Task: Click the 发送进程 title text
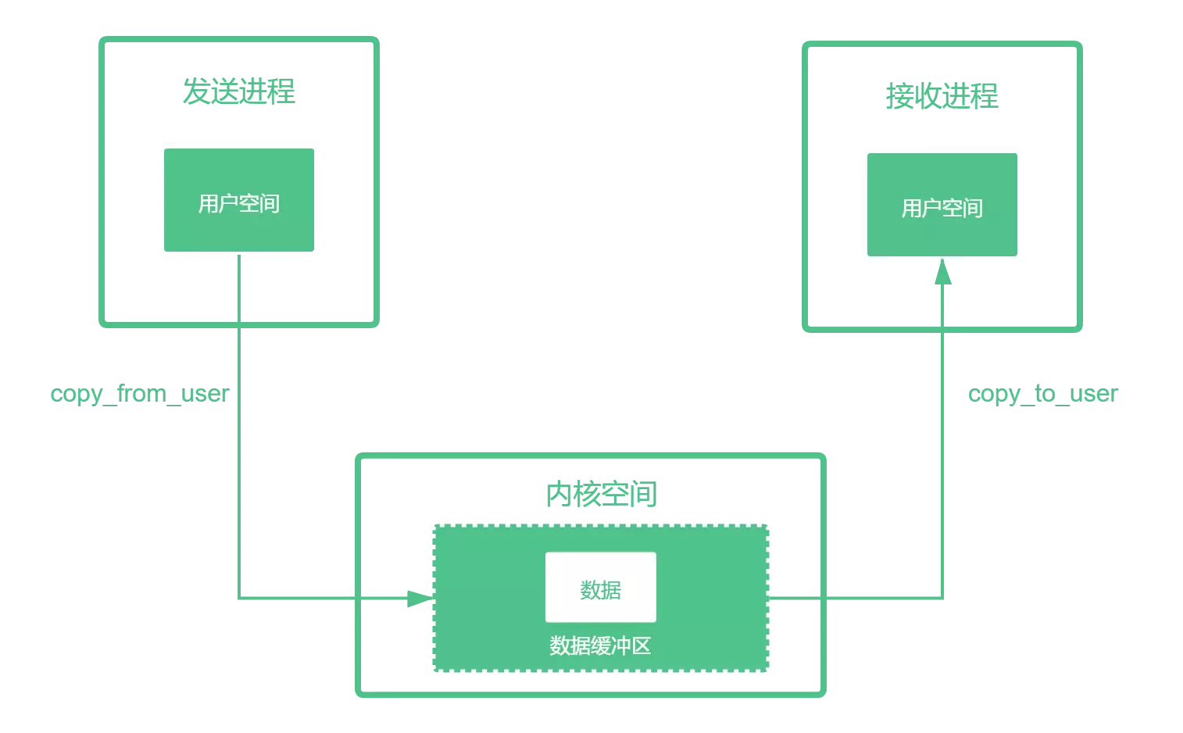(238, 91)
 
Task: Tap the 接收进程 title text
(942, 96)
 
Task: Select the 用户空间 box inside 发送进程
(239, 200)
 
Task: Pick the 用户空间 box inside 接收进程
(942, 205)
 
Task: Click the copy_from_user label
(140, 393)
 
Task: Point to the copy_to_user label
(1042, 393)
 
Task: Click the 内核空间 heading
(601, 494)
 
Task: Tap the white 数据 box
(600, 588)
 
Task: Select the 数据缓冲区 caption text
(600, 645)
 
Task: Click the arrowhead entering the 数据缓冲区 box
(419, 599)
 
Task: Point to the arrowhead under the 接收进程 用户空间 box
(943, 272)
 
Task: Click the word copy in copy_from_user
(76, 394)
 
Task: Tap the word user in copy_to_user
(1093, 393)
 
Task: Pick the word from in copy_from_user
(141, 392)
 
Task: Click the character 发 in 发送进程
(196, 91)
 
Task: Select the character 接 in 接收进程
(899, 96)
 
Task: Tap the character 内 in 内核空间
(559, 494)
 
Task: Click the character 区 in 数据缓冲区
(642, 645)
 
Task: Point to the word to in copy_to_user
(1045, 393)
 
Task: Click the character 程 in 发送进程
(281, 91)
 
